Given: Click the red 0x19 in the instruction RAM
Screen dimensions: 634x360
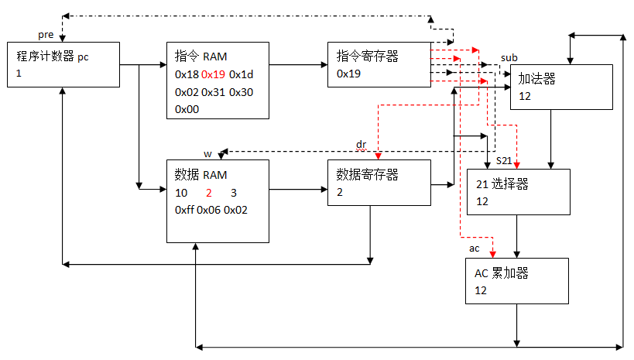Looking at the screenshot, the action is click(213, 74).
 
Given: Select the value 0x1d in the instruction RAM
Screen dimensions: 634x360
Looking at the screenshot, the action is click(241, 74).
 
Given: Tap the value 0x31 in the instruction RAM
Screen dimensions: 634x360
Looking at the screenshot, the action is click(213, 92).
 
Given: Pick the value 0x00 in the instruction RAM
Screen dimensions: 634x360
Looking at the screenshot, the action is click(187, 109).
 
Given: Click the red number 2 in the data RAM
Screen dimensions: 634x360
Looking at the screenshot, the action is click(209, 193).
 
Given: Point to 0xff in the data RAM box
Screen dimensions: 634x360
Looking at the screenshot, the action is click(184, 210).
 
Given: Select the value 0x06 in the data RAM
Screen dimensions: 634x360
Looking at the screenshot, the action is click(209, 210).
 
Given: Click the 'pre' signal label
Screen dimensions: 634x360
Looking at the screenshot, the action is click(46, 35).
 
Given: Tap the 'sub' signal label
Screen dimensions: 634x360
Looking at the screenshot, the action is click(509, 58).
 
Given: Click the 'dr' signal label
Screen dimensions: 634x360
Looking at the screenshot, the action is click(361, 145).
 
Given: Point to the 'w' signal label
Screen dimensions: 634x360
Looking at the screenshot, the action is click(207, 154).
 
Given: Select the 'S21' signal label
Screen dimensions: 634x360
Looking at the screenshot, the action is click(504, 160).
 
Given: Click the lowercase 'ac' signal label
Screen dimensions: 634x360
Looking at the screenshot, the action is click(475, 249).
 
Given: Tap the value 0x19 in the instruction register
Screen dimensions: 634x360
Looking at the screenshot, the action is click(348, 74).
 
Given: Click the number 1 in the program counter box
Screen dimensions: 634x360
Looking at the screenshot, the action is click(19, 74).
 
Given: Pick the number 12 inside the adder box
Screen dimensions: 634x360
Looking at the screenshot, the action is click(525, 96).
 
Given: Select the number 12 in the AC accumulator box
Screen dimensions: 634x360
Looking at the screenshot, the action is click(481, 290).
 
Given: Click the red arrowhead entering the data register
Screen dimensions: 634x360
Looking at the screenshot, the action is click(378, 156).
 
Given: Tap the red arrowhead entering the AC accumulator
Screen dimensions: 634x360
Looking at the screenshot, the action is click(492, 255).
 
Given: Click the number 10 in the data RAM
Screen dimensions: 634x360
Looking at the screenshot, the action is click(181, 193).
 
